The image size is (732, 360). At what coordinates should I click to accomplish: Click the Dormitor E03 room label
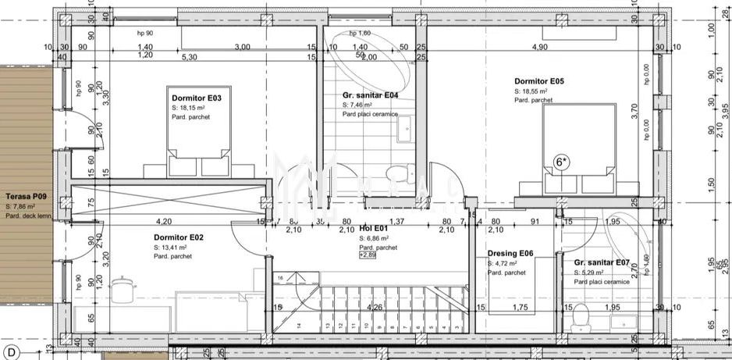pos(196,98)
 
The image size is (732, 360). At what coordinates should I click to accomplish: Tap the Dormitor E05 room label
pos(538,80)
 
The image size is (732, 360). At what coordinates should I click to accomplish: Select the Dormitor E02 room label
pos(179,237)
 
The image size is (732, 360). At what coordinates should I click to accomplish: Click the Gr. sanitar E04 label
pos(371,95)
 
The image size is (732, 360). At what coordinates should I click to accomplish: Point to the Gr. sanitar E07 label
pos(602,263)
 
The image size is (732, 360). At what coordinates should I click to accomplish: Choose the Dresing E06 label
pos(510,254)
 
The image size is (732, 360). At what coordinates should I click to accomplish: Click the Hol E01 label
pos(372,229)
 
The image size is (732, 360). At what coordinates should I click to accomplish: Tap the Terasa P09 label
pos(27,197)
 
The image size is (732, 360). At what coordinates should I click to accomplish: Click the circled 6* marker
pos(561,162)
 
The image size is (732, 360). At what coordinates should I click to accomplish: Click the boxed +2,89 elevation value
pos(367,255)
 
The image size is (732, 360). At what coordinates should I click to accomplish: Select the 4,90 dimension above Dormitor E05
pos(539,47)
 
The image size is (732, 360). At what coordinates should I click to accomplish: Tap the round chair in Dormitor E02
pos(122,289)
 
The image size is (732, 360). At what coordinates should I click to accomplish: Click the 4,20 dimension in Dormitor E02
pos(164,221)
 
